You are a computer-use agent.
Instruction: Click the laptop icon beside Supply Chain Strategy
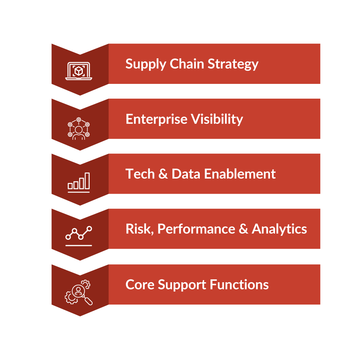click(78, 71)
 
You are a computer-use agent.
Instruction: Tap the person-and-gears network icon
click(78, 129)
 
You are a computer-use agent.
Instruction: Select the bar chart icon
click(78, 183)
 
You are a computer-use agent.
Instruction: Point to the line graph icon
click(78, 236)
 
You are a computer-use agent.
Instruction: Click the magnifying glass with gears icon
click(78, 292)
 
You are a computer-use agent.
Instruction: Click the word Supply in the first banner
click(146, 64)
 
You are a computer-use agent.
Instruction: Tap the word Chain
click(187, 64)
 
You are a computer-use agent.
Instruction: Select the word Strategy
click(233, 64)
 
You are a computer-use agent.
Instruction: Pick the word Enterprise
click(157, 120)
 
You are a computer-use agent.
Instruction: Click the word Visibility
click(217, 120)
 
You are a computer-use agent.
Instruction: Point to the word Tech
click(140, 174)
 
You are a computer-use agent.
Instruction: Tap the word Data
click(186, 174)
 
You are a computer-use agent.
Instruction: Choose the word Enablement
click(240, 174)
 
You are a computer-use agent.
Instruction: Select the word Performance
click(196, 229)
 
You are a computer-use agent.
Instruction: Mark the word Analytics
click(279, 229)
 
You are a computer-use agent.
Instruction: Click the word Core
click(140, 285)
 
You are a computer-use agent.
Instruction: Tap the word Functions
click(239, 285)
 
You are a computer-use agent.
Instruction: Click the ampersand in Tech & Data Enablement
click(163, 174)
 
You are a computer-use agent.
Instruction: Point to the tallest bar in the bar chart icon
click(87, 181)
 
